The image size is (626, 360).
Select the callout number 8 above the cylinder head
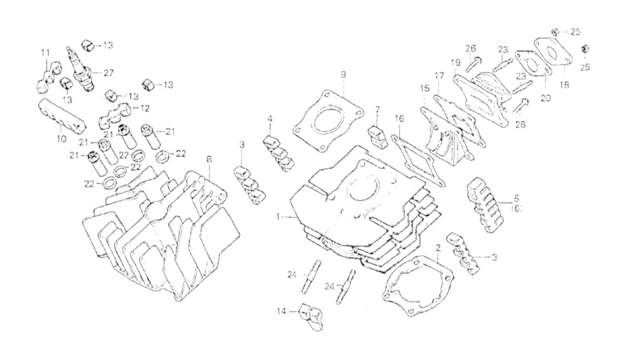(209, 159)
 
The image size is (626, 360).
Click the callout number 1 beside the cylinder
(280, 217)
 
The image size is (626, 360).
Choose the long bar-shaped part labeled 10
(61, 115)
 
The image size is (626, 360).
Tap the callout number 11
(45, 53)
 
